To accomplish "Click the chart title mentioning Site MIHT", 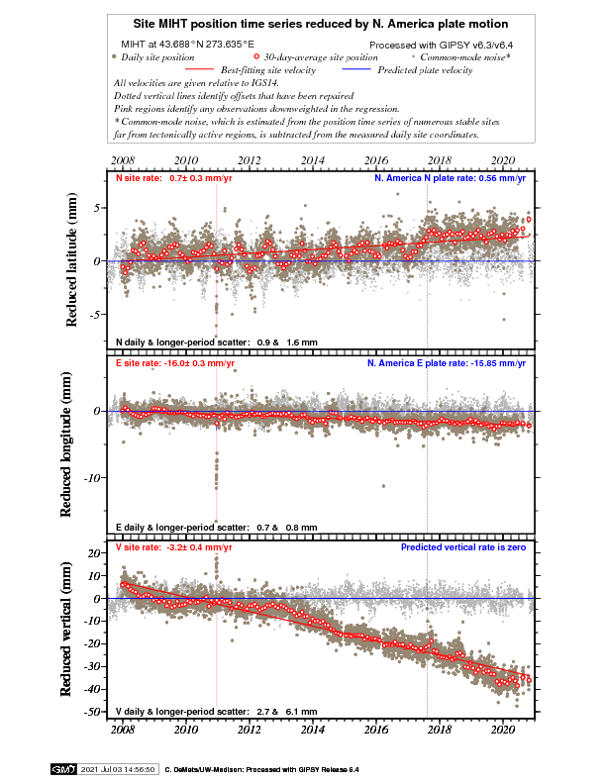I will [x=322, y=23].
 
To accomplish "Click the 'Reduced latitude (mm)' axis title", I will [x=72, y=261].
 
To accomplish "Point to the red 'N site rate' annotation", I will [x=174, y=179].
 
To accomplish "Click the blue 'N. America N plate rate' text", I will [x=450, y=179].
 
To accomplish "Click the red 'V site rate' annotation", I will [x=174, y=546].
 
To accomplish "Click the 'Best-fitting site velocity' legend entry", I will [x=267, y=70].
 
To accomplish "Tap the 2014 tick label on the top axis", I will [x=312, y=159].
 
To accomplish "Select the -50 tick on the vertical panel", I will [x=92, y=713].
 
